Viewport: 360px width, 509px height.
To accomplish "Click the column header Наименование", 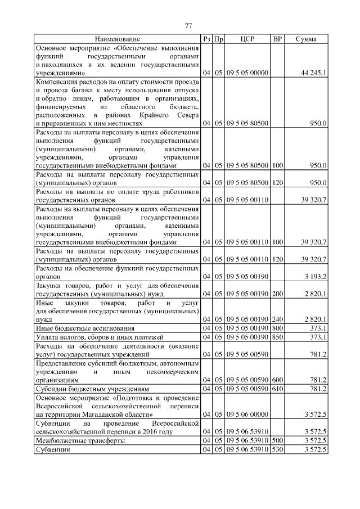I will pyautogui.click(x=117, y=39).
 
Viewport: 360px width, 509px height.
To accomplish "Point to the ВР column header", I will pyautogui.click(x=277, y=39).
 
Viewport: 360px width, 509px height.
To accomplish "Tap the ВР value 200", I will pyautogui.click(x=277, y=294).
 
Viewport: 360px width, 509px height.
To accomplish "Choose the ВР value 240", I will pyautogui.click(x=277, y=319).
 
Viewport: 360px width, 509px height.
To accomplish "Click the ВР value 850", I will pyautogui.click(x=277, y=336).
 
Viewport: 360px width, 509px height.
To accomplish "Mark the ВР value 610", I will pyautogui.click(x=277, y=388).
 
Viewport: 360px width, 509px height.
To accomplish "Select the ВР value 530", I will pyautogui.click(x=277, y=450).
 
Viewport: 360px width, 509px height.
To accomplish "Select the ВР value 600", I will pyautogui.click(x=277, y=380).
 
